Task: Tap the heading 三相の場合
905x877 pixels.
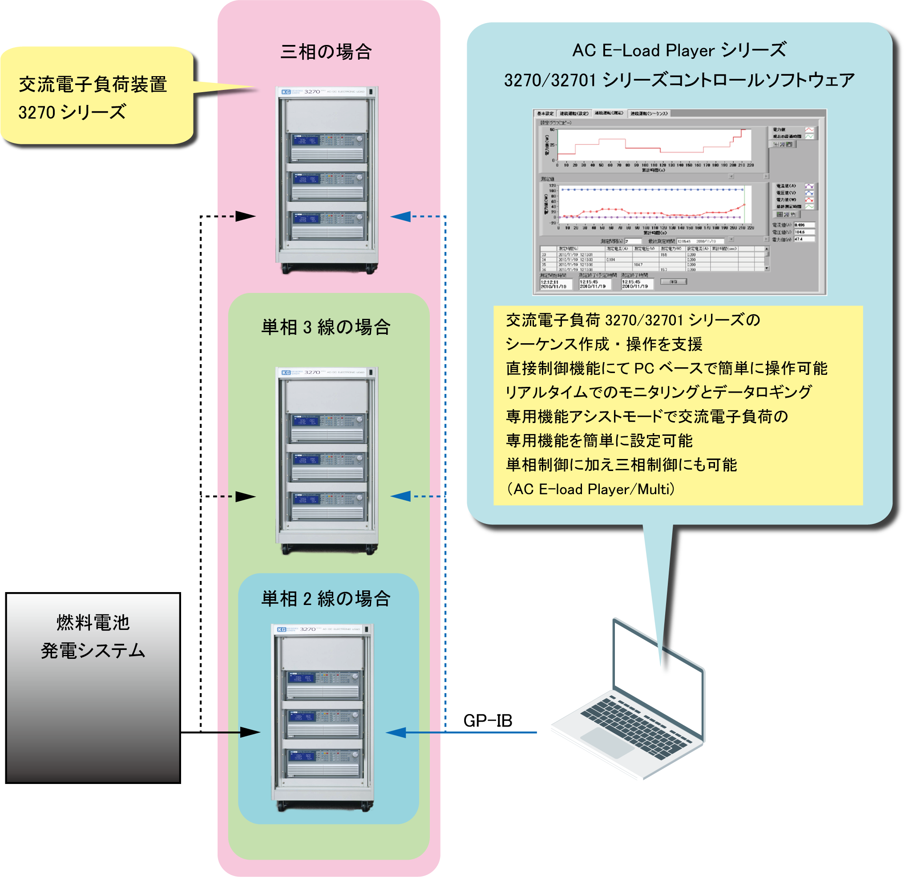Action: [326, 52]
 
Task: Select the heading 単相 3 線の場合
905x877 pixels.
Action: [326, 327]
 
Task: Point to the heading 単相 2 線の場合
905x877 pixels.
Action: [326, 598]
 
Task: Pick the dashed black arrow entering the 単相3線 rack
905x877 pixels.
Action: [238, 496]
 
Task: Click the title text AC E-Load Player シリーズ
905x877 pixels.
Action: [679, 50]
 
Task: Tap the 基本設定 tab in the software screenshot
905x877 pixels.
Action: [545, 114]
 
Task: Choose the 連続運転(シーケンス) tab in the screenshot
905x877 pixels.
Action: [649, 114]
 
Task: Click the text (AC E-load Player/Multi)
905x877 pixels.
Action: [590, 489]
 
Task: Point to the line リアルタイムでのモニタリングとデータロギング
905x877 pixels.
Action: [659, 392]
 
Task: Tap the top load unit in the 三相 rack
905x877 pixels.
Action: [327, 146]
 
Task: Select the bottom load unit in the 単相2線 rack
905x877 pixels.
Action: [323, 762]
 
